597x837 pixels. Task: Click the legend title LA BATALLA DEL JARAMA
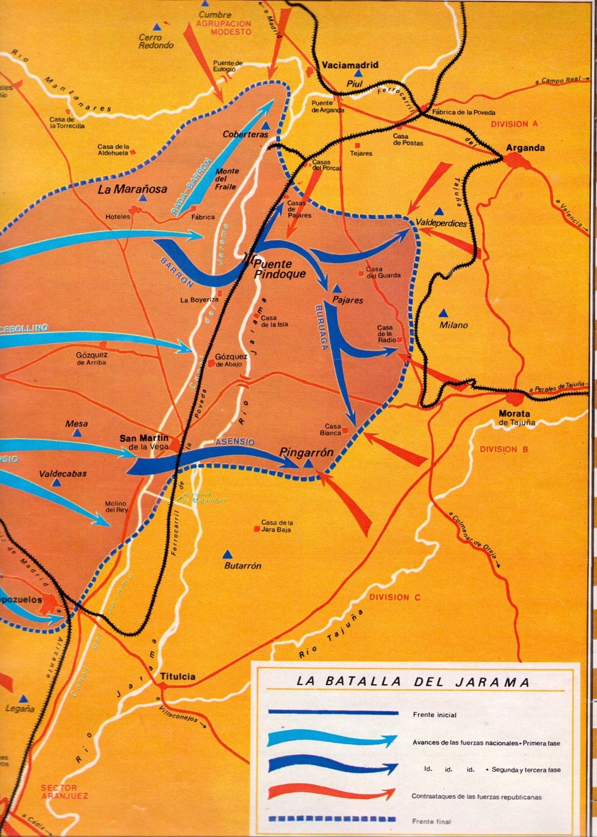tap(413, 682)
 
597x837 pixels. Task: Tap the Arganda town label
tap(525, 148)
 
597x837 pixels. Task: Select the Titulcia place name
tap(177, 676)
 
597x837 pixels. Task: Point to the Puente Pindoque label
tap(279, 269)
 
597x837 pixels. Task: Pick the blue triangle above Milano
tap(443, 313)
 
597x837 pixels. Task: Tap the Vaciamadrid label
tap(350, 65)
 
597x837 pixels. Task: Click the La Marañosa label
tap(132, 189)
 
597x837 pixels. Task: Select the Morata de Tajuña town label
tap(516, 417)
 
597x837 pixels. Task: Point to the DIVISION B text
tap(504, 449)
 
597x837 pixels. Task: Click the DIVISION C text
tap(395, 597)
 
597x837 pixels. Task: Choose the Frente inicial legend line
tap(333, 713)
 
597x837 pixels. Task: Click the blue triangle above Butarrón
tap(227, 554)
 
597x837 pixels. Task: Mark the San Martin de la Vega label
tap(145, 442)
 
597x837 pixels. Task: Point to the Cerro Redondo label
tap(156, 41)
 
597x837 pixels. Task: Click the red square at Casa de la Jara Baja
tap(256, 529)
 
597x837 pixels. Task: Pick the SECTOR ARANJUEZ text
tap(64, 792)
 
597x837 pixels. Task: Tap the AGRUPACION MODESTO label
tap(224, 28)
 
